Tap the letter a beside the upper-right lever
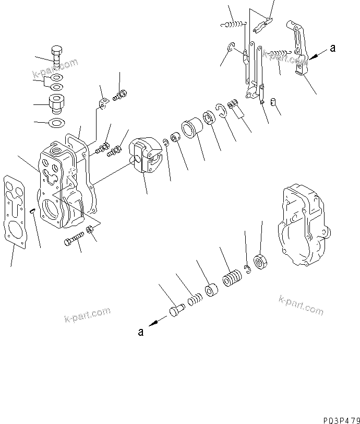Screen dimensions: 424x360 [x=333, y=49]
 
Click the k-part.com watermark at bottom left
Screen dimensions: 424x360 [x=87, y=314]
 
